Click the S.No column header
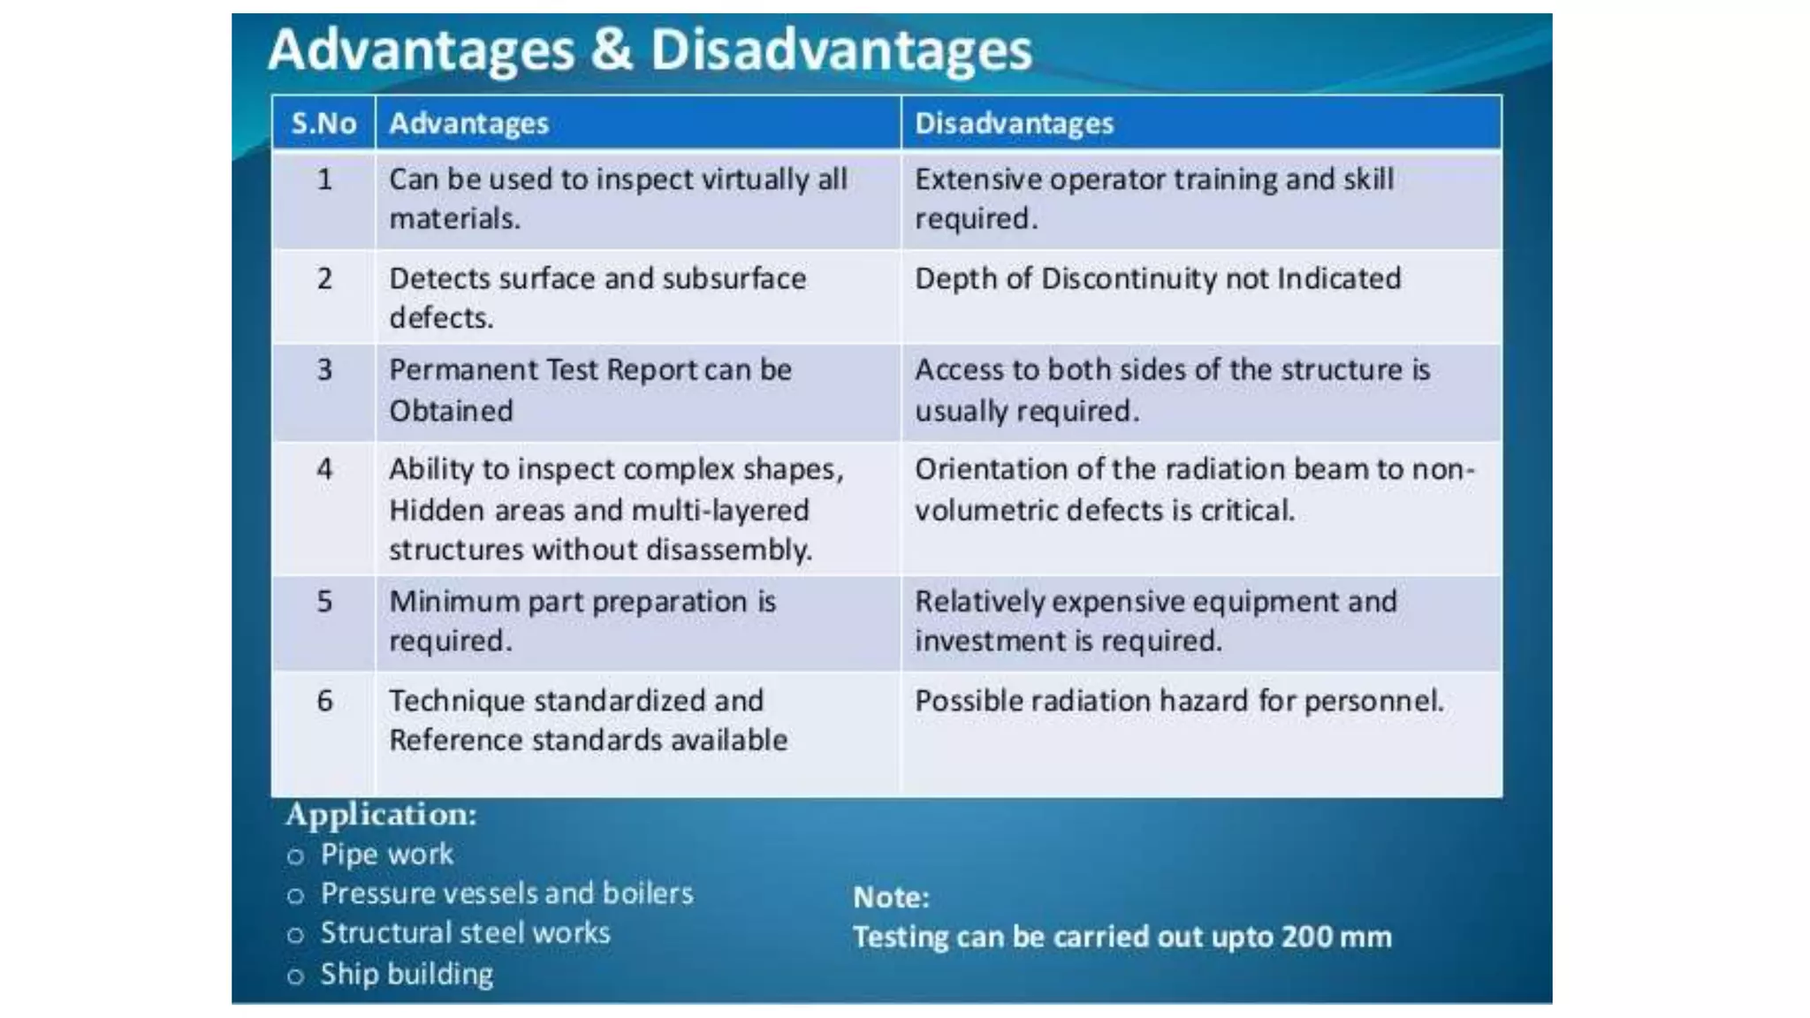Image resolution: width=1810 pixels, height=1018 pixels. (323, 123)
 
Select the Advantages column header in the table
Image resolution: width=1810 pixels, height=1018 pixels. (468, 123)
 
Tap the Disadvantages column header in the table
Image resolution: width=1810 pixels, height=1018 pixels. (1014, 123)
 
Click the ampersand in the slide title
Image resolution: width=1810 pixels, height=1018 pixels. (612, 49)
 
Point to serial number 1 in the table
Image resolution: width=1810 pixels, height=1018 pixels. (324, 179)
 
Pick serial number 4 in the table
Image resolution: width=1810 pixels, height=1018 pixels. (324, 468)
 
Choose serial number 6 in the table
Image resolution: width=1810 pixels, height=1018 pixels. (324, 701)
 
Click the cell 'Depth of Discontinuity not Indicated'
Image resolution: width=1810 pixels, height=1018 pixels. (1157, 278)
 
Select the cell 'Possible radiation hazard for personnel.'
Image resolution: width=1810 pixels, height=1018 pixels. (1179, 701)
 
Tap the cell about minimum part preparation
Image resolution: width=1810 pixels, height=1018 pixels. (582, 620)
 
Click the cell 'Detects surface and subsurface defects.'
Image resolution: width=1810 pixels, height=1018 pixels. (597, 298)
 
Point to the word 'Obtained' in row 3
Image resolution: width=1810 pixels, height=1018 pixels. (451, 411)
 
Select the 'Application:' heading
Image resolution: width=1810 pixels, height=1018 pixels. (381, 814)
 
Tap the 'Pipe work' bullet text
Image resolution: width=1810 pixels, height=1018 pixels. (386, 855)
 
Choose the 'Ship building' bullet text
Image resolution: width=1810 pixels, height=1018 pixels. (407, 974)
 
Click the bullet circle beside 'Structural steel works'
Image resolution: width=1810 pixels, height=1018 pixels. (296, 935)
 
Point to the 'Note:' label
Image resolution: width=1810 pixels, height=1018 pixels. (891, 898)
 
